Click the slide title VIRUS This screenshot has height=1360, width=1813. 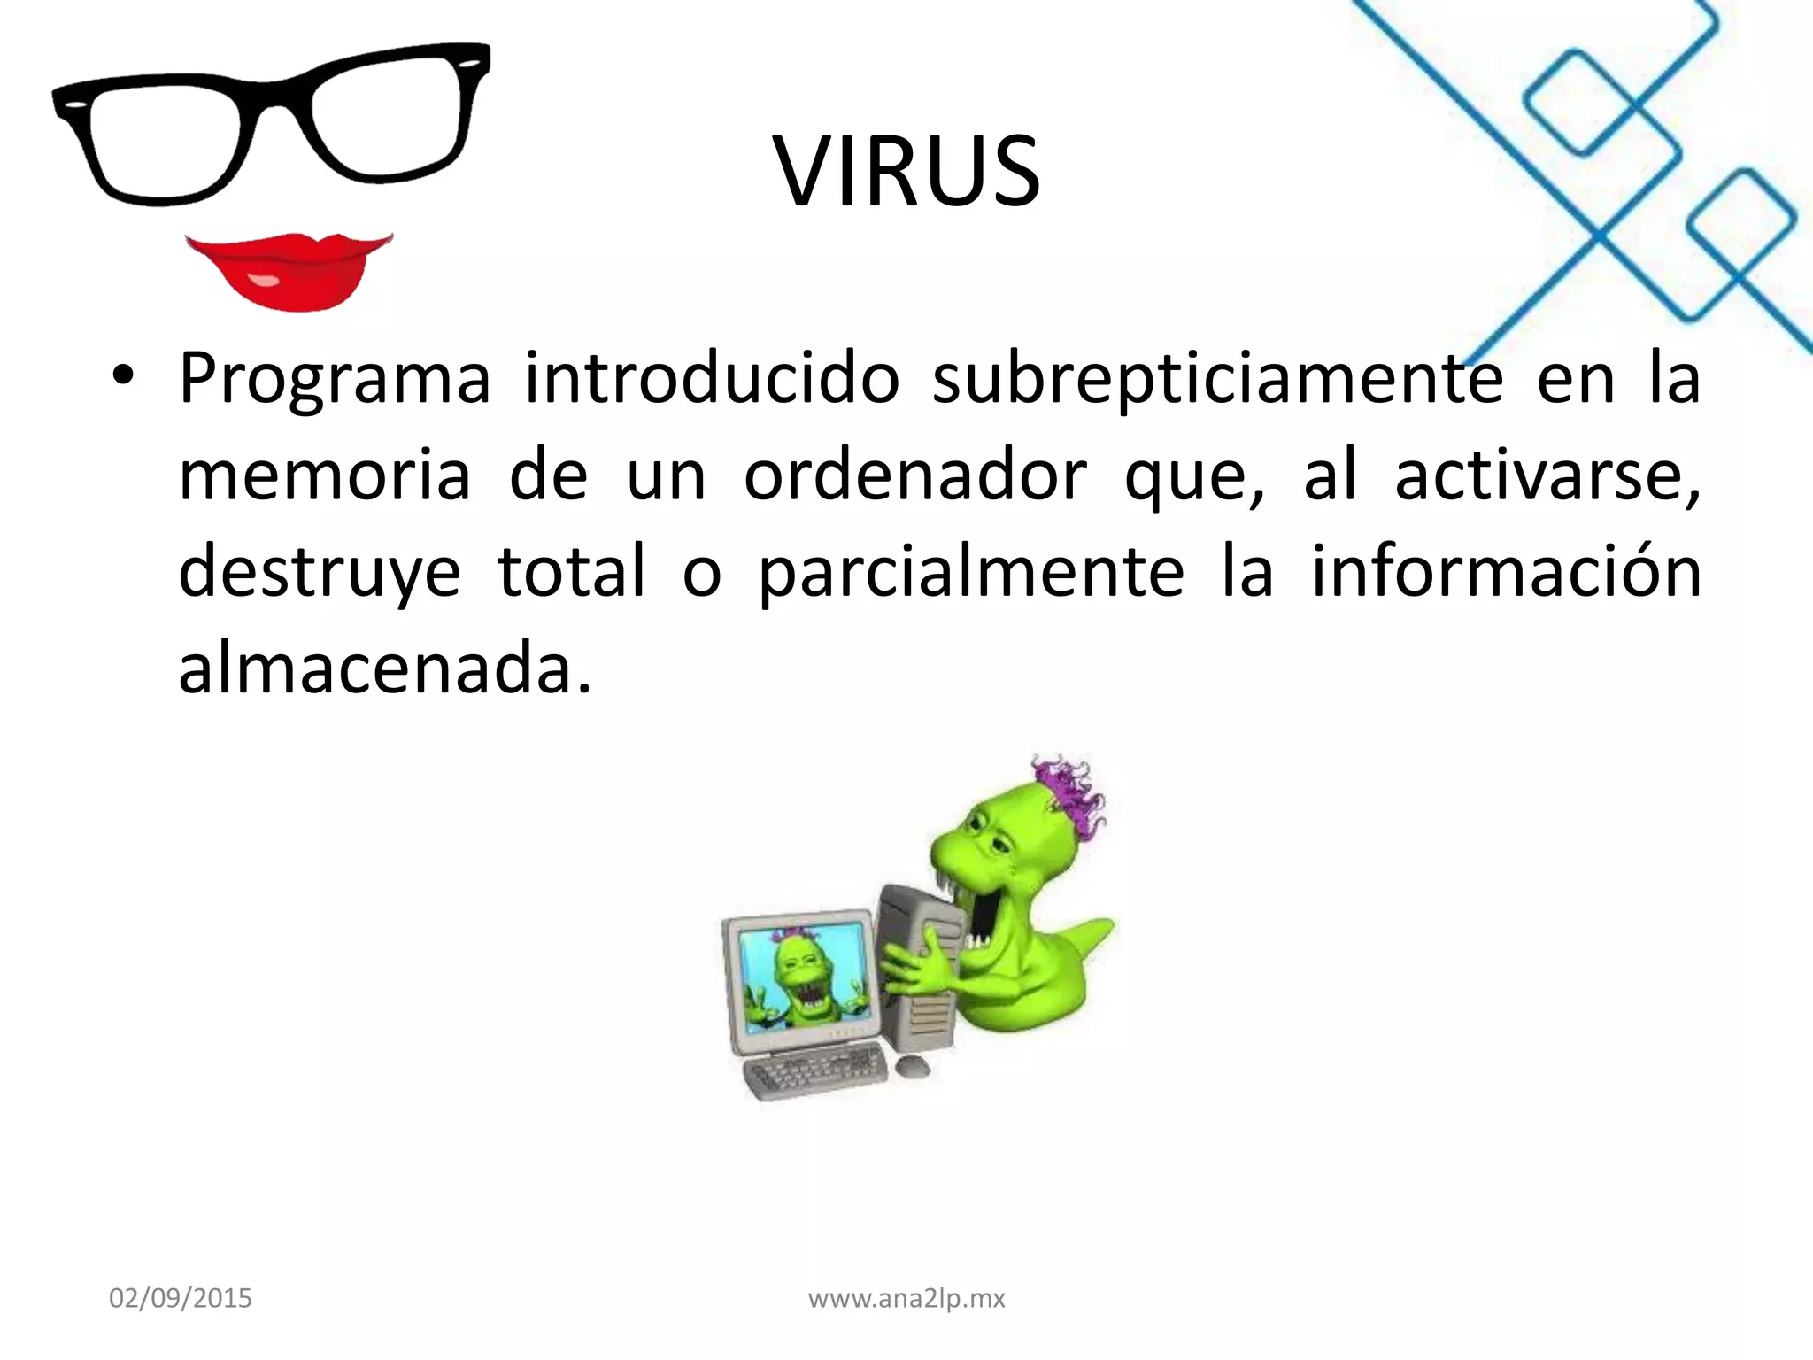coord(907,171)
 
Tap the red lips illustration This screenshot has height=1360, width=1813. coord(288,270)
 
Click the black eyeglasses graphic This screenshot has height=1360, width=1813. coord(270,120)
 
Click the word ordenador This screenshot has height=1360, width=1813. coord(914,475)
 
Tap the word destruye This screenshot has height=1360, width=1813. coord(320,572)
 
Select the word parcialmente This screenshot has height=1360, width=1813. coord(971,572)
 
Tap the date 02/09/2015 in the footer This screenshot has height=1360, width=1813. coord(181,1299)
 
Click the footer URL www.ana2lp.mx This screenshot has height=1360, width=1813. coord(907,1299)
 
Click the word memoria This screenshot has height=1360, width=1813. coord(325,475)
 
